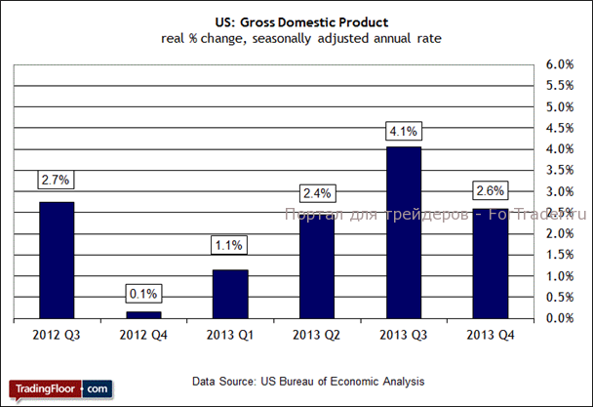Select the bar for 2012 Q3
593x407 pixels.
(x=56, y=260)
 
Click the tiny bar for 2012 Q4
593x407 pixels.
(x=142, y=314)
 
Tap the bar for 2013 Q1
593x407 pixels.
(x=230, y=294)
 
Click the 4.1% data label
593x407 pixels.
(x=403, y=131)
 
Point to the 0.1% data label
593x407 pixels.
(x=142, y=294)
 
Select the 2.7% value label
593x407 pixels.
(x=57, y=181)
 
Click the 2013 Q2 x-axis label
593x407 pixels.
(x=316, y=336)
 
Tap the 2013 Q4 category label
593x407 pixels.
(x=490, y=336)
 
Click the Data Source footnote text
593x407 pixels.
(x=308, y=380)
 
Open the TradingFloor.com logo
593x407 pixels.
(x=60, y=388)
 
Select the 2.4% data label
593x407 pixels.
(x=316, y=192)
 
